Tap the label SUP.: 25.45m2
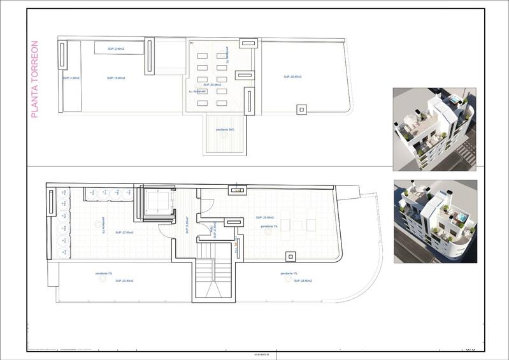click(292, 76)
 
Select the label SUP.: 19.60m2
click(116, 78)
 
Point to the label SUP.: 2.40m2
click(116, 49)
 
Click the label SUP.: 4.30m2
click(71, 78)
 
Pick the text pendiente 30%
click(225, 129)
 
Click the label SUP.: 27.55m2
click(124, 233)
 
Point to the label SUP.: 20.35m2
click(212, 84)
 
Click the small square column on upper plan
click(300, 109)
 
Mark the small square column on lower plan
click(290, 256)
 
